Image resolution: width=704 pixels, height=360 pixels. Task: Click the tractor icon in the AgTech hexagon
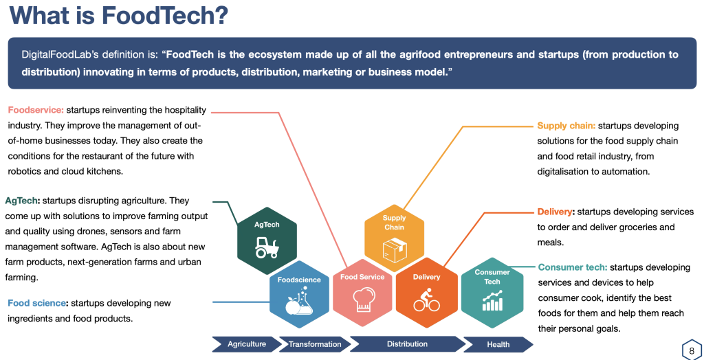click(267, 247)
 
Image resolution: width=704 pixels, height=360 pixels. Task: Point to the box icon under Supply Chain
click(394, 250)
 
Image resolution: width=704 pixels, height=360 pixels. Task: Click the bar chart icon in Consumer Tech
click(492, 301)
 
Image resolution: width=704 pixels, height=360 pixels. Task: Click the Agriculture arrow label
click(247, 344)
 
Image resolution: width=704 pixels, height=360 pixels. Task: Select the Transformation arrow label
click(315, 345)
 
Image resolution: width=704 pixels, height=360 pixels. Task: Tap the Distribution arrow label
click(407, 344)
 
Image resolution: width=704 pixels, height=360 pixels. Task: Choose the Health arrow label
click(498, 345)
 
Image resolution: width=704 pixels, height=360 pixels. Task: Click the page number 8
click(692, 350)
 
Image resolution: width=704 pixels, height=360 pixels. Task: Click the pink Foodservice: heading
click(36, 110)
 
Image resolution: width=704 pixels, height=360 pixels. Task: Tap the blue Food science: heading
click(38, 303)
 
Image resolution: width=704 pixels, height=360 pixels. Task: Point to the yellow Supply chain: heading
click(566, 126)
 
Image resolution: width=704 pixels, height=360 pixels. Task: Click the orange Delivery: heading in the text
click(555, 212)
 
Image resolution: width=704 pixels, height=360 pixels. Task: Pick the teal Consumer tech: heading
click(573, 267)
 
